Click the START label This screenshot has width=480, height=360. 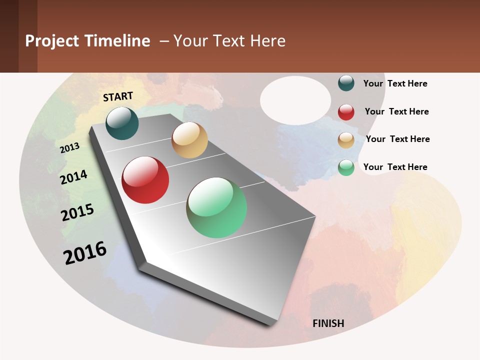[118, 96]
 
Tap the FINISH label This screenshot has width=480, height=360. [328, 323]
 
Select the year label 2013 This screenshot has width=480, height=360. [70, 147]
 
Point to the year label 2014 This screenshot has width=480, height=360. [74, 177]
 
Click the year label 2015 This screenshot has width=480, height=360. [77, 212]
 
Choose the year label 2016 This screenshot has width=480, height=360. [85, 252]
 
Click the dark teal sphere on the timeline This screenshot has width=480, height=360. [122, 123]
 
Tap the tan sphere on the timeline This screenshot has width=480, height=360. [189, 140]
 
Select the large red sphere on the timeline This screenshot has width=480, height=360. [145, 180]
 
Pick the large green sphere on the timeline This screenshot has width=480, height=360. [216, 207]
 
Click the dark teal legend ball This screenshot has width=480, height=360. [346, 83]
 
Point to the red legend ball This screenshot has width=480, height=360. [346, 112]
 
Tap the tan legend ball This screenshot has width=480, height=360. [346, 140]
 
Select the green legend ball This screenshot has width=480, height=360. [346, 167]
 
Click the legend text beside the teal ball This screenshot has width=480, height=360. [395, 83]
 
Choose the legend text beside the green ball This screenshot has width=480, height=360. [395, 167]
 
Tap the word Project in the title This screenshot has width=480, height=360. [52, 41]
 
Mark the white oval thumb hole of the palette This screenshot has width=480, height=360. [295, 100]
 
